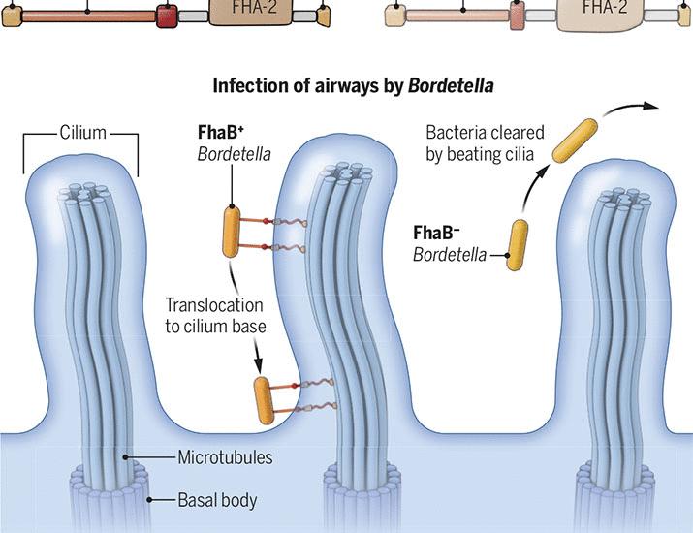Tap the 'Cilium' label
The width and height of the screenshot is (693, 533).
pos(82,132)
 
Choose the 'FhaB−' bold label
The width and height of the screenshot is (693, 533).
pos(435,234)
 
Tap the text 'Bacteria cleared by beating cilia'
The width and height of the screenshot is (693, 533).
pos(485,141)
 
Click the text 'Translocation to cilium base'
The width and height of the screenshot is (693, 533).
pos(214,314)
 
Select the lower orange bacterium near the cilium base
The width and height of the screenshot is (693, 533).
pos(264,398)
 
